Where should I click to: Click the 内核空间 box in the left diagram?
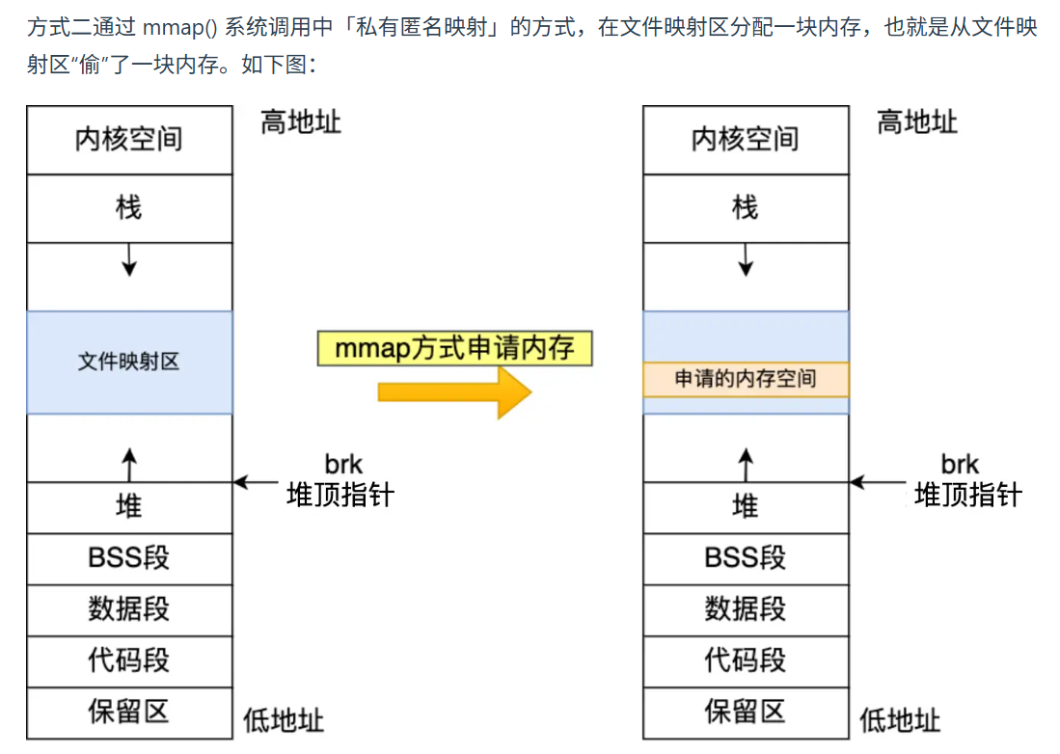[x=129, y=140]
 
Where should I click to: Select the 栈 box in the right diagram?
[x=746, y=208]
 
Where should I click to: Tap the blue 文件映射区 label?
[x=129, y=363]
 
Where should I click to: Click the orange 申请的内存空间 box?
[x=746, y=379]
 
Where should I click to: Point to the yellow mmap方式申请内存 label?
[x=454, y=348]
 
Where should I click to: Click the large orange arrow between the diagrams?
[x=454, y=390]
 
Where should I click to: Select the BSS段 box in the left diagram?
[x=129, y=558]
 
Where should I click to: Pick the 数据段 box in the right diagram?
[x=746, y=609]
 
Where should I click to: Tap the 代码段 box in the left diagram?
[x=129, y=660]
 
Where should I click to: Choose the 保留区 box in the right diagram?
[x=746, y=713]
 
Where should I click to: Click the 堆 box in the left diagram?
[x=129, y=507]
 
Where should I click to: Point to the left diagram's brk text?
[x=343, y=464]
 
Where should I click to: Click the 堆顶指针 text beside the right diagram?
[x=967, y=496]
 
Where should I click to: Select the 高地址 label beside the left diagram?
[x=301, y=122]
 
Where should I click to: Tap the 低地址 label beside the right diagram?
[x=900, y=720]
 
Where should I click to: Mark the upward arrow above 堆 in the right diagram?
[x=746, y=465]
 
